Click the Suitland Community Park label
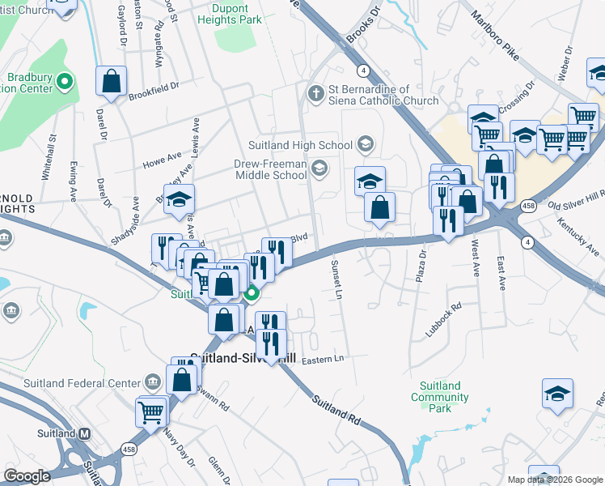coord(440,397)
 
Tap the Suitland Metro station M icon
coord(84,433)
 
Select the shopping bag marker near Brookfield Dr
coord(112,80)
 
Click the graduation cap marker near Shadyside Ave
coord(179,199)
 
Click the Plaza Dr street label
coord(421,268)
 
